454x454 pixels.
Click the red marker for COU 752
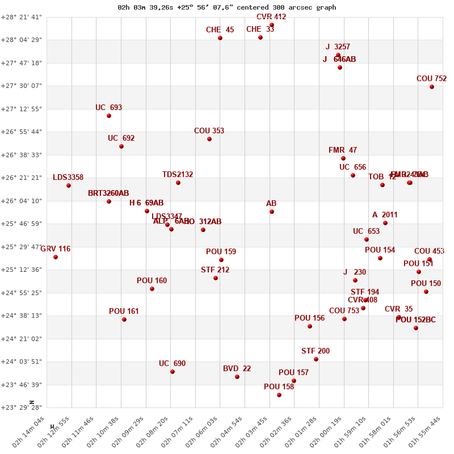click(432, 87)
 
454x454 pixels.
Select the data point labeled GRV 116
click(56, 257)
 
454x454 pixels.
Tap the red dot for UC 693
click(109, 116)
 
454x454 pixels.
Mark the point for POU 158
click(279, 395)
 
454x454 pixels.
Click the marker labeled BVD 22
click(237, 377)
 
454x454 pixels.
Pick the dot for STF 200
click(316, 359)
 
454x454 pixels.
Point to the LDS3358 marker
click(69, 186)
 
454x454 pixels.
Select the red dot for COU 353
click(209, 139)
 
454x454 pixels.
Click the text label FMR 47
click(343, 150)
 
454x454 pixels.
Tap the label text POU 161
click(124, 312)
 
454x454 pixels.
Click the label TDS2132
click(178, 175)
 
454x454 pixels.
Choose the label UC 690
click(172, 364)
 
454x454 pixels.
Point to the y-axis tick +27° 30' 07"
click(22, 86)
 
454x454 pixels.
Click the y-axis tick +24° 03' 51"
click(22, 361)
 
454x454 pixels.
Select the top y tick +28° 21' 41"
click(22, 16)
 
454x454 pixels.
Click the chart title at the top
click(227, 7)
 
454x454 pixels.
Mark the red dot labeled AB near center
click(272, 212)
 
